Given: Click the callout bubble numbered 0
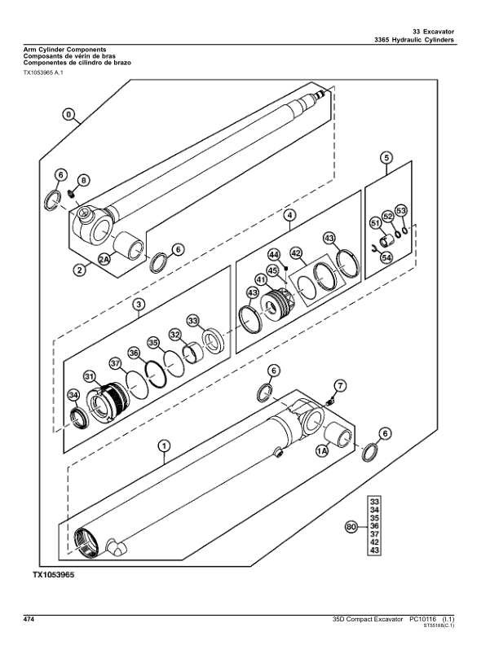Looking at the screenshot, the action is click(69, 114).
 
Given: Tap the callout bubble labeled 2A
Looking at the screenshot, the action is click(104, 259).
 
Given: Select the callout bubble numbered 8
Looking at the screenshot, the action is click(84, 180).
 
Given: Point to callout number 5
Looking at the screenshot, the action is click(386, 157).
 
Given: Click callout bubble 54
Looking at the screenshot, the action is click(386, 257).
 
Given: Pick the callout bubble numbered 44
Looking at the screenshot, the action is click(274, 255).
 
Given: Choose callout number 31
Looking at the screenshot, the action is click(90, 376).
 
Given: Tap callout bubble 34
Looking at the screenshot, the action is click(73, 395).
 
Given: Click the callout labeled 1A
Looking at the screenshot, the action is click(322, 451).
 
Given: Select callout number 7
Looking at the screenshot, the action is click(340, 386).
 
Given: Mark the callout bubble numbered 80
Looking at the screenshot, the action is click(351, 527).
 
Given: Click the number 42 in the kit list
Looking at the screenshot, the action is click(375, 542).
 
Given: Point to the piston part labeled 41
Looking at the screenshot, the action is click(278, 304).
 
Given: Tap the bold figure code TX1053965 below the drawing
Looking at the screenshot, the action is click(54, 575).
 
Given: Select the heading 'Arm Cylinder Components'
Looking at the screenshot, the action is click(64, 50).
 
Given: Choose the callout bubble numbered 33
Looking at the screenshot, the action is click(192, 320).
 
